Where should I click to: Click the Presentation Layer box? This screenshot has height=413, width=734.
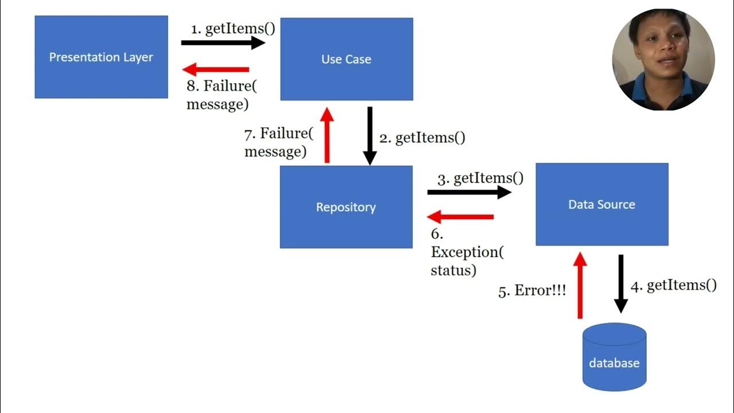click(101, 57)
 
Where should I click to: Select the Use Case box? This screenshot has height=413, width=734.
click(346, 59)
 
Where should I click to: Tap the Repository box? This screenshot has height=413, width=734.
click(346, 207)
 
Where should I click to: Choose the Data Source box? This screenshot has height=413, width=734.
click(602, 204)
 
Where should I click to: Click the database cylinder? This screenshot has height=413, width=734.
click(614, 358)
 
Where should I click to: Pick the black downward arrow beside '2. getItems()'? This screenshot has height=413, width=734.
click(370, 136)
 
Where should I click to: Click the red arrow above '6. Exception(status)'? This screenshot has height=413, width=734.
click(461, 217)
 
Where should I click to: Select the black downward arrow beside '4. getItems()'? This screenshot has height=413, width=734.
click(620, 284)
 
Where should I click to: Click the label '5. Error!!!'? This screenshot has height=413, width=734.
click(532, 291)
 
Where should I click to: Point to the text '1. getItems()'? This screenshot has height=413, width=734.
click(233, 29)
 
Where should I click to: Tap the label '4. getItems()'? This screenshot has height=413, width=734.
click(673, 286)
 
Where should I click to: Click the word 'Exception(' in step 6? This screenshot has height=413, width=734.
click(467, 252)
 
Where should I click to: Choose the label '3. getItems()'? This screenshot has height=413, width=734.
click(481, 178)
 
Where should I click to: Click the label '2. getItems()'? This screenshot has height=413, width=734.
click(422, 138)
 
